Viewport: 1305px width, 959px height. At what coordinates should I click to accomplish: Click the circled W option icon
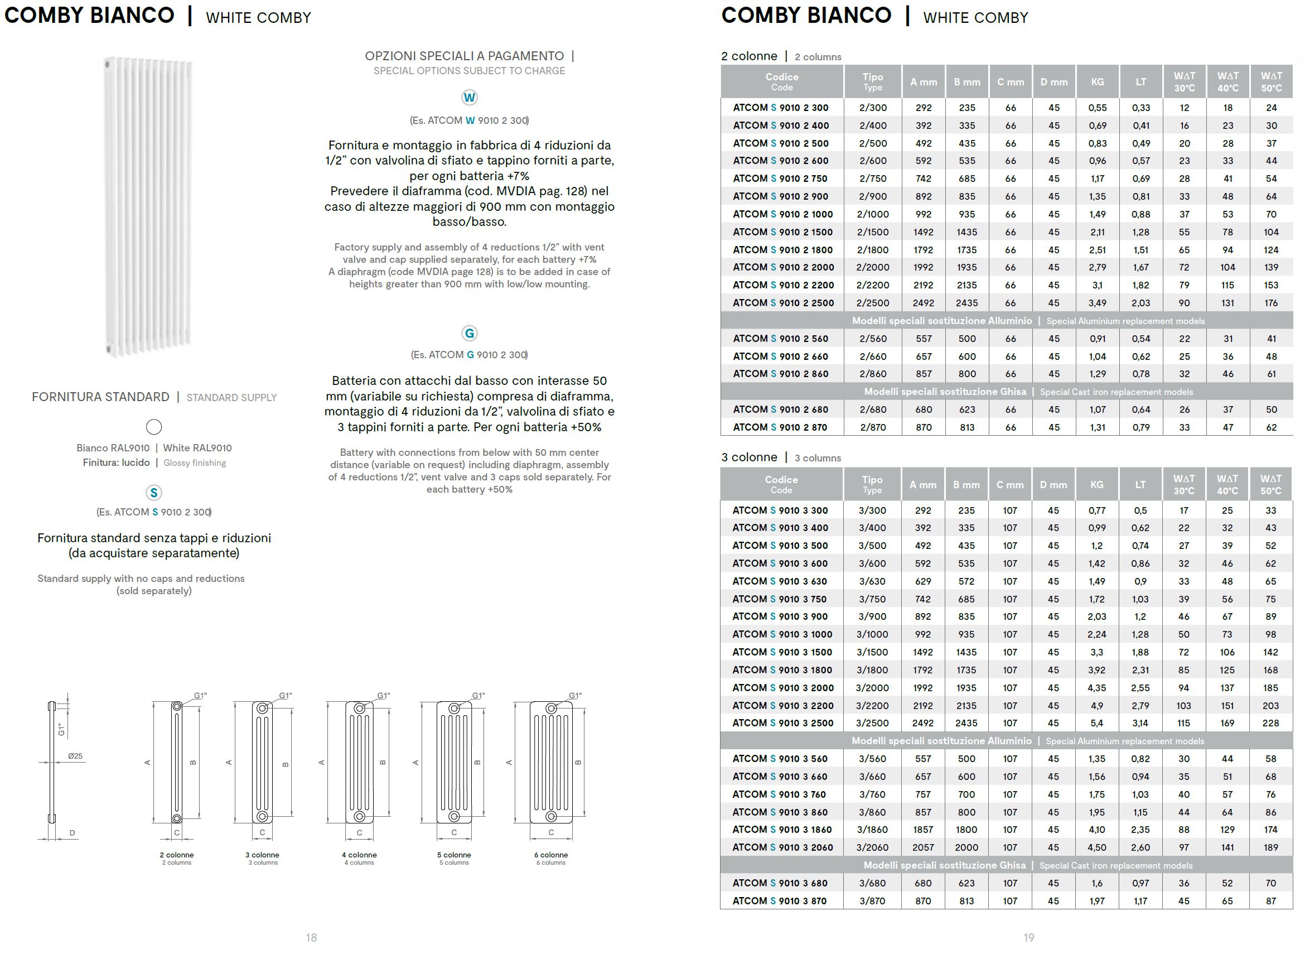[469, 98]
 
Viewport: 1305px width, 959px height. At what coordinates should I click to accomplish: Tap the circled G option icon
[469, 333]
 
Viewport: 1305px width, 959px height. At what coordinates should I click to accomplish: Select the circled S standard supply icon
[154, 493]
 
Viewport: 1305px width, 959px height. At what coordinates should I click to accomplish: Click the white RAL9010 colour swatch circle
[154, 427]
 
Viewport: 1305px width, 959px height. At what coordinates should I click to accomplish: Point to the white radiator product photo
[148, 206]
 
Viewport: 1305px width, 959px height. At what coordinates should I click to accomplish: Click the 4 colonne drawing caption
[359, 855]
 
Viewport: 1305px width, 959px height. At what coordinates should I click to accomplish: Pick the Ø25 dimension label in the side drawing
[75, 756]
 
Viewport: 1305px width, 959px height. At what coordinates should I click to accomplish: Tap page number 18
[311, 937]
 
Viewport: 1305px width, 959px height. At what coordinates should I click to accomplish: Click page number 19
[1028, 937]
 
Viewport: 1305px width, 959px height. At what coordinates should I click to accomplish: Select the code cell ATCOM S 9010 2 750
[780, 179]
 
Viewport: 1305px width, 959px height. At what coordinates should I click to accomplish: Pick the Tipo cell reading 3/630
[872, 581]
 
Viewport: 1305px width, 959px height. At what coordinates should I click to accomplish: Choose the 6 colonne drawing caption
[550, 855]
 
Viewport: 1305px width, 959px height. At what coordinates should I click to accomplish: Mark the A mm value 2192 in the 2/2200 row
[923, 285]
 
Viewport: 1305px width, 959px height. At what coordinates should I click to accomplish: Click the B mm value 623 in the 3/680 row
[966, 883]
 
